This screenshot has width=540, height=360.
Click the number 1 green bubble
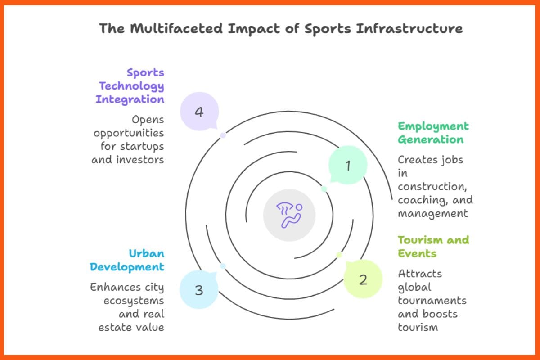point(348,166)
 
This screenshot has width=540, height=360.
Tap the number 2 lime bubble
point(363,279)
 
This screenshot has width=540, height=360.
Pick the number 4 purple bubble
point(199,112)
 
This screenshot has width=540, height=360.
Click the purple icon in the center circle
point(289,215)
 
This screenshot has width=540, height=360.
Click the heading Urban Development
point(127,260)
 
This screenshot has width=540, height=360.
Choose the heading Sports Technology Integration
point(130,86)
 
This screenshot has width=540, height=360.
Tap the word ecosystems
point(134,300)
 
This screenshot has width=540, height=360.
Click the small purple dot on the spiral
point(223,135)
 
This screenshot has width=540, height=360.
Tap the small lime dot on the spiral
point(339,255)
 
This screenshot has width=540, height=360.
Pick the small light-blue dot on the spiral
point(223,266)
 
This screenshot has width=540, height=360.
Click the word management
point(433,213)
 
